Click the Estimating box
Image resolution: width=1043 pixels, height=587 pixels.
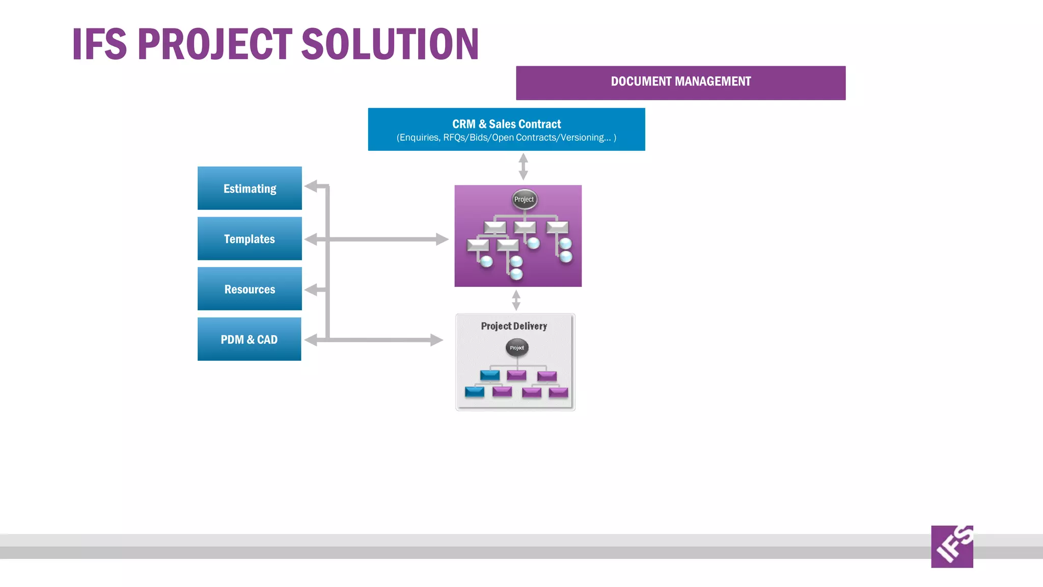click(250, 188)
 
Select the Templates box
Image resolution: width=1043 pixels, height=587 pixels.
click(250, 238)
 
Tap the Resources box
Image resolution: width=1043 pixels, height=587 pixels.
click(250, 289)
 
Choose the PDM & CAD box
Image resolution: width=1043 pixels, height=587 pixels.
click(249, 339)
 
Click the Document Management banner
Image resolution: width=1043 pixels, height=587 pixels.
click(680, 83)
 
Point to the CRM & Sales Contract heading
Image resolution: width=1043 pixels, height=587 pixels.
click(506, 124)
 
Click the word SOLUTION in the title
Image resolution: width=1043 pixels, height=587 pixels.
click(390, 44)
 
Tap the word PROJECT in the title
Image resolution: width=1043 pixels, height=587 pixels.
click(215, 44)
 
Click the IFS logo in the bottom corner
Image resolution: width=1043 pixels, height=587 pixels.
click(952, 546)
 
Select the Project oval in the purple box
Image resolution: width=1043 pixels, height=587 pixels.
click(524, 200)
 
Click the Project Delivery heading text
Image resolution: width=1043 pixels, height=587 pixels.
click(514, 326)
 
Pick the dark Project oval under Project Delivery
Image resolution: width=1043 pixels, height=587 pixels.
click(517, 348)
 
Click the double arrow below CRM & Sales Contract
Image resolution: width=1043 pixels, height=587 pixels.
click(523, 167)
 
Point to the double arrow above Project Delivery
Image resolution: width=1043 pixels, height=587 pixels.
click(516, 300)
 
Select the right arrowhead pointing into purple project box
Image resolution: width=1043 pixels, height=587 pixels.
click(442, 239)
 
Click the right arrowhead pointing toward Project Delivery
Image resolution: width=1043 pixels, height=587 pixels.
click(436, 340)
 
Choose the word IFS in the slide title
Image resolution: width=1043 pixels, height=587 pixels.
click(99, 44)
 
